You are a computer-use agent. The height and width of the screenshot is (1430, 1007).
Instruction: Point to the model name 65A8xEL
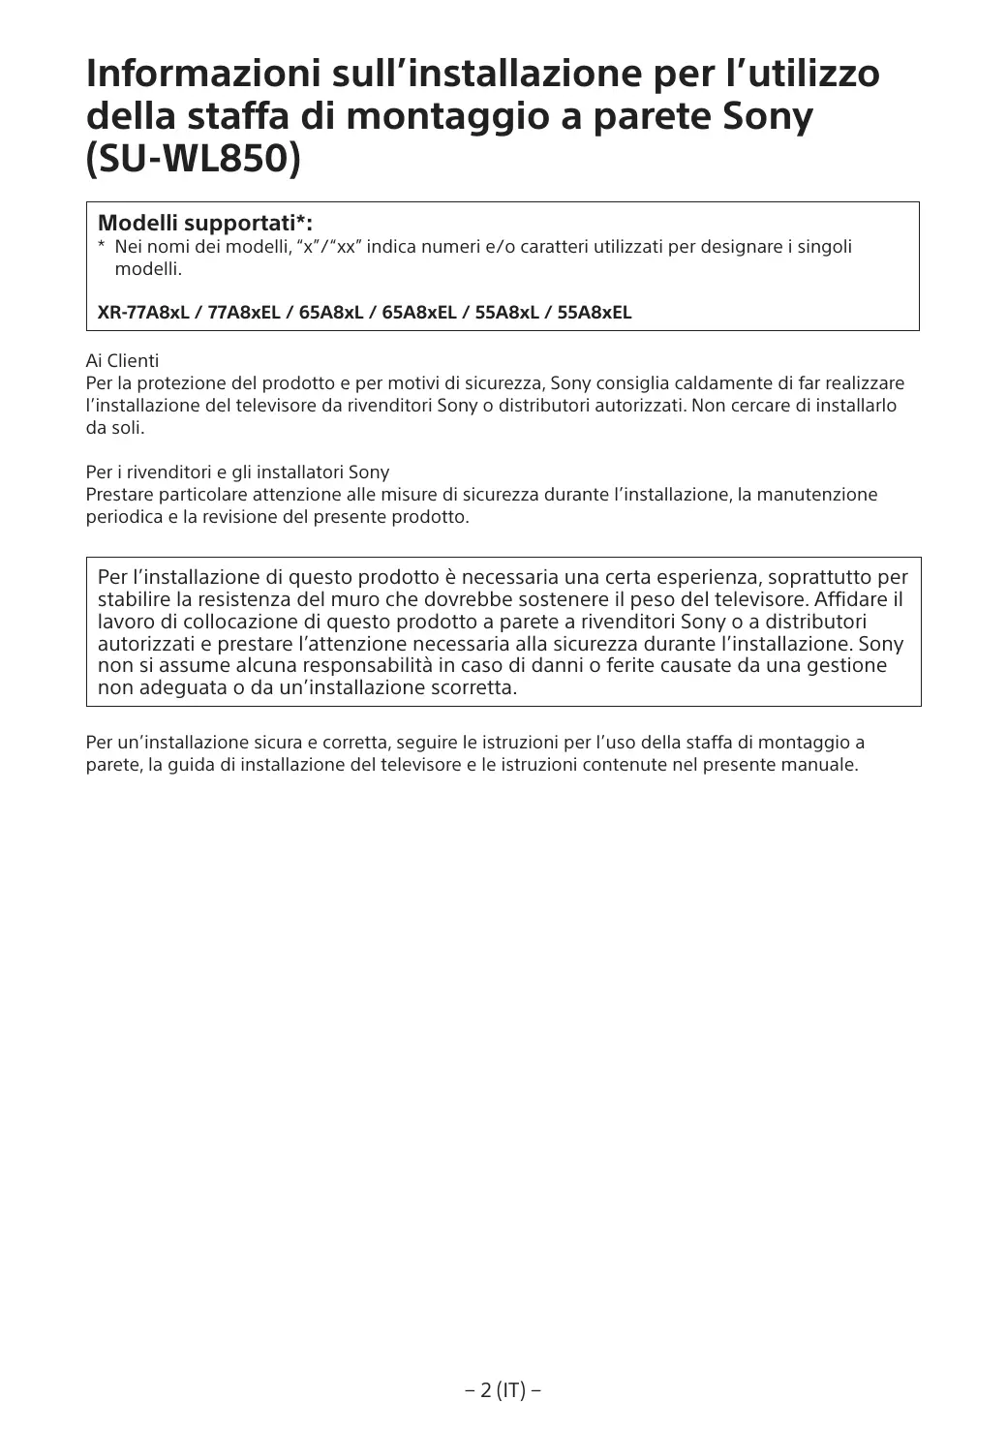point(419,313)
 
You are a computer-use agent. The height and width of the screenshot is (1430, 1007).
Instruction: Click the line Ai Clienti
point(122,361)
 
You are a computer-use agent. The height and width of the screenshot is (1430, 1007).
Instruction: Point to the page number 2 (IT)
point(503,1391)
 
